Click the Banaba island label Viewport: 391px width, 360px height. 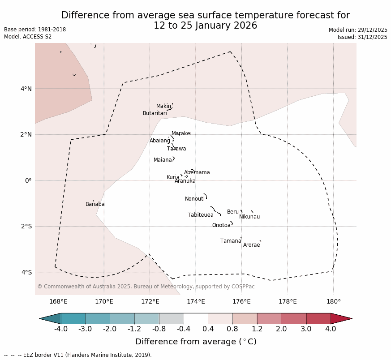[95, 204]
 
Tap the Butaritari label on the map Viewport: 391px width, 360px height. [155, 113]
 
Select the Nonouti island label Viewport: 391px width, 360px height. [195, 199]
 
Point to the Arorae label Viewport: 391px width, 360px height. [251, 245]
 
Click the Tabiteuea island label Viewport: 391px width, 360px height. [201, 215]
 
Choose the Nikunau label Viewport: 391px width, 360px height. [249, 217]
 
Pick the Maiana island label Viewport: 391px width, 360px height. [163, 160]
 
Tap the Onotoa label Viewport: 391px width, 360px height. [221, 225]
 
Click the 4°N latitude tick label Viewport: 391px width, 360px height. [26, 89]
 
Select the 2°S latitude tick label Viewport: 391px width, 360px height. [26, 226]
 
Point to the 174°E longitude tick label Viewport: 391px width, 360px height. [196, 302]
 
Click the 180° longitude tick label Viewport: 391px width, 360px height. [333, 302]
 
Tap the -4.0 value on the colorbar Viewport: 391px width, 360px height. [61, 329]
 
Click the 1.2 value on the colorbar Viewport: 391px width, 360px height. [257, 329]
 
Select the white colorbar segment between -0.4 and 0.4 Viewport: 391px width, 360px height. [196, 318]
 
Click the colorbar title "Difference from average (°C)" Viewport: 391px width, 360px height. [196, 342]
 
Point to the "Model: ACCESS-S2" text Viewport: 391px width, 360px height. [28, 37]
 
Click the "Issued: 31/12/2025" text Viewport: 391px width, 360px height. [362, 37]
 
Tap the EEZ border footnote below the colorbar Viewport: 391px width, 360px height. [78, 355]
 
